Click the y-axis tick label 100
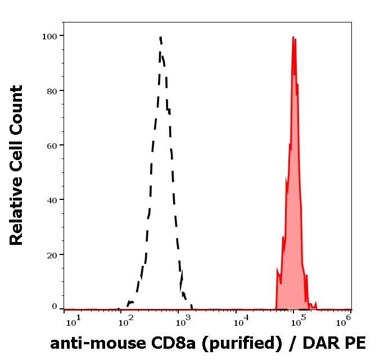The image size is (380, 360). tap(49, 36)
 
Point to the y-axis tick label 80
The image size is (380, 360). tap(52, 90)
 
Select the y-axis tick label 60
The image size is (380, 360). tap(52, 145)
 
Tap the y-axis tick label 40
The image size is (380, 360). tap(52, 199)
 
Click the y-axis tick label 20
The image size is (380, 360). tap(52, 254)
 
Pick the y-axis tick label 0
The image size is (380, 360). tap(55, 307)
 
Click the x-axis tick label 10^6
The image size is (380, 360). tap(344, 320)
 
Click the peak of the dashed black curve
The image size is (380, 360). tap(160, 38)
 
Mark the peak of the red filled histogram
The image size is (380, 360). tap(293, 38)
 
